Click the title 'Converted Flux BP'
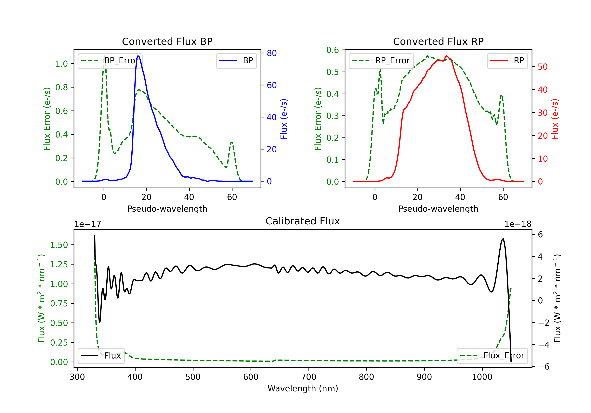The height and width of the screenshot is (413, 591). point(167,41)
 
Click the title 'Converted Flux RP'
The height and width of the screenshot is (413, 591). point(438,41)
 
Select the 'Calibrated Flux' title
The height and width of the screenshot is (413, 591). point(303,221)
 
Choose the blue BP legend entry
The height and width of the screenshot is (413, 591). point(236,61)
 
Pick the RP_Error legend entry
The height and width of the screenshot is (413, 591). point(381,61)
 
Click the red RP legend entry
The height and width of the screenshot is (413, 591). point(507,61)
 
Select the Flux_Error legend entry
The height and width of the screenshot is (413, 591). point(492,356)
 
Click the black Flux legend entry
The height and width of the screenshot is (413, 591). point(101,356)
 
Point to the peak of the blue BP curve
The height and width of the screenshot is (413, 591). point(138,56)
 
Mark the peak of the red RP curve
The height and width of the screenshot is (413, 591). point(447,56)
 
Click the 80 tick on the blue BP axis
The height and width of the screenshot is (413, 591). point(271,53)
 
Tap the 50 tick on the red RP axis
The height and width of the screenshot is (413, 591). point(543,67)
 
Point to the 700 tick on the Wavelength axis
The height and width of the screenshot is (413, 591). point(309,377)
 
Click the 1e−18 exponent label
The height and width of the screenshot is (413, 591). point(518,224)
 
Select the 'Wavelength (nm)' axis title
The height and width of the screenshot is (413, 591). point(303,388)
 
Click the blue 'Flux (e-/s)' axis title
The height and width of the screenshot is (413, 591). point(284,119)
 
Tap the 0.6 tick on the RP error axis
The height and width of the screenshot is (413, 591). point(333,50)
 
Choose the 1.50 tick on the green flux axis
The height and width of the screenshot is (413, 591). point(59,245)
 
